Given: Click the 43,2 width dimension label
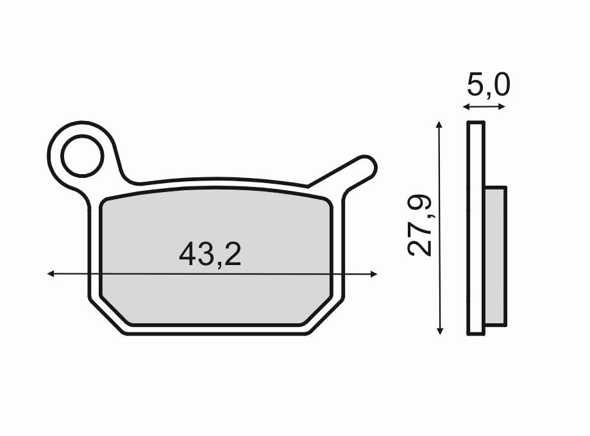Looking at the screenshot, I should (210, 254).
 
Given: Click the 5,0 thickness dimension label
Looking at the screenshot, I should (488, 85).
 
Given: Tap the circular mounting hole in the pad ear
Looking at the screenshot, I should (82, 156).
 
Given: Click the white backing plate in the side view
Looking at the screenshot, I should (475, 227).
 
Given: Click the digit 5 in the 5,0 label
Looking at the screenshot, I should (475, 85).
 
